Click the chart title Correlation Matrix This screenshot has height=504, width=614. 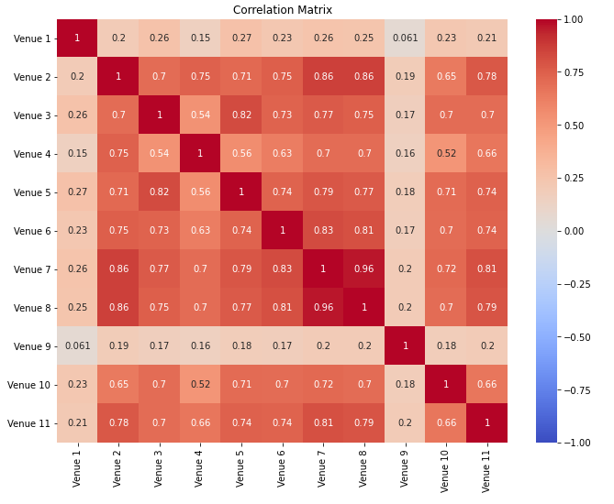click(282, 10)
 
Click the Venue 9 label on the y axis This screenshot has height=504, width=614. click(30, 346)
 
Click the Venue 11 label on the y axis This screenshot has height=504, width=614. click(28, 423)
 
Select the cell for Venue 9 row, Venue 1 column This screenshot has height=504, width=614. click(78, 346)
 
